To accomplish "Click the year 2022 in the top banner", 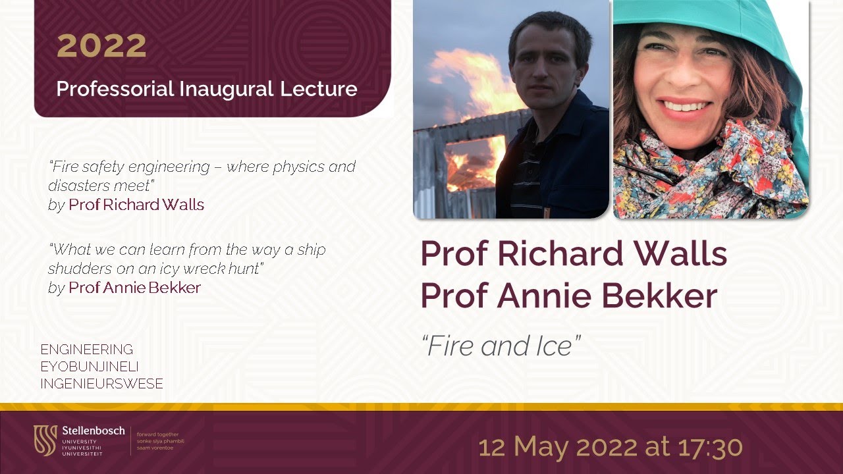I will coord(101,45).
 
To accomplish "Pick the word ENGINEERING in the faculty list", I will coord(87,350).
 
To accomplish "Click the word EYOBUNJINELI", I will coord(90,367).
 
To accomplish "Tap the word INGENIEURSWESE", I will coord(101,384).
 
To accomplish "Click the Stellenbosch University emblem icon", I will coord(45,440).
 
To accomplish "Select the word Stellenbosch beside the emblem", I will coord(93,431).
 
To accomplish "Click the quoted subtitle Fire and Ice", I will coord(501,346).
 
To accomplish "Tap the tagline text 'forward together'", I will coord(157,434).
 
